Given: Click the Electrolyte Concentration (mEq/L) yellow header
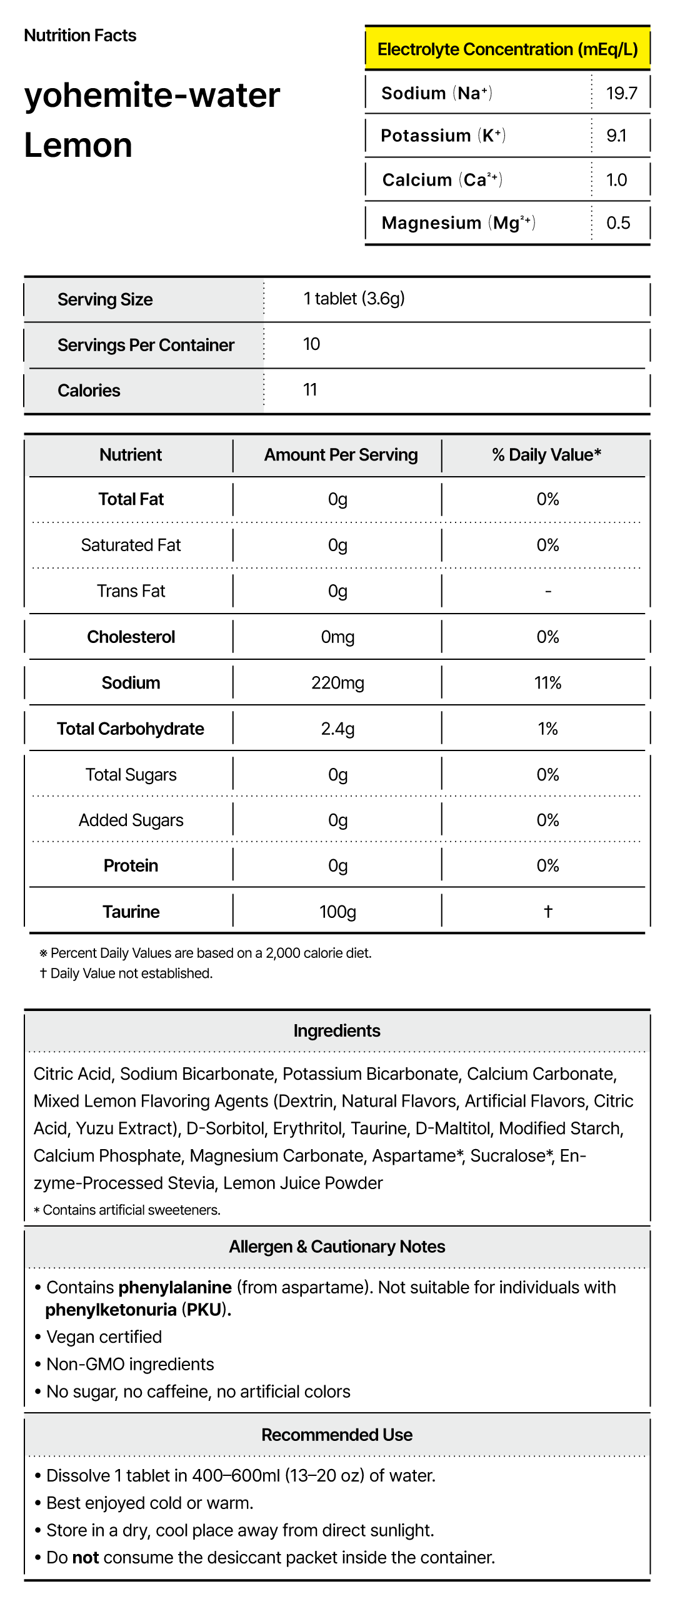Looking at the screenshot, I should [507, 49].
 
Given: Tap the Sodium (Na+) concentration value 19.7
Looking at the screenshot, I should [621, 93].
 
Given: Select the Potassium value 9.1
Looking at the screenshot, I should [616, 136].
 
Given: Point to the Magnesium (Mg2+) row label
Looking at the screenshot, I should [458, 223].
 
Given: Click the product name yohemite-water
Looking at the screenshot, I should [152, 95].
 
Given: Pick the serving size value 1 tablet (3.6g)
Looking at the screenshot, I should [354, 299].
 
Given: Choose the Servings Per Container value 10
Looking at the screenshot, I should [311, 344].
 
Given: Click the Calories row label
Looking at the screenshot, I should [89, 391].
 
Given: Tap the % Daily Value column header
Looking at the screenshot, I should [546, 455].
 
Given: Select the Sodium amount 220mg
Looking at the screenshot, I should [337, 683].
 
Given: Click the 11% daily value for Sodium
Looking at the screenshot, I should [547, 683].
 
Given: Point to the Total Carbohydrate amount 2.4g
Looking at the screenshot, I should [337, 729].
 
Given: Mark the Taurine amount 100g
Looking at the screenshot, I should [337, 912].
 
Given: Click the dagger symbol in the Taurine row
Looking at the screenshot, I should [548, 911].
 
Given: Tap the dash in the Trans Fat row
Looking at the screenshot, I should [548, 591].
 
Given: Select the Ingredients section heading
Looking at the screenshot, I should [337, 1030].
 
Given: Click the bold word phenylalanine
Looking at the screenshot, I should [175, 1287].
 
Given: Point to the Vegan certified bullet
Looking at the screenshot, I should [104, 1337].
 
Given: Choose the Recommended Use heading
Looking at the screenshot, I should [337, 1435].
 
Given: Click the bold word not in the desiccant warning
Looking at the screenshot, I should [86, 1557].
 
